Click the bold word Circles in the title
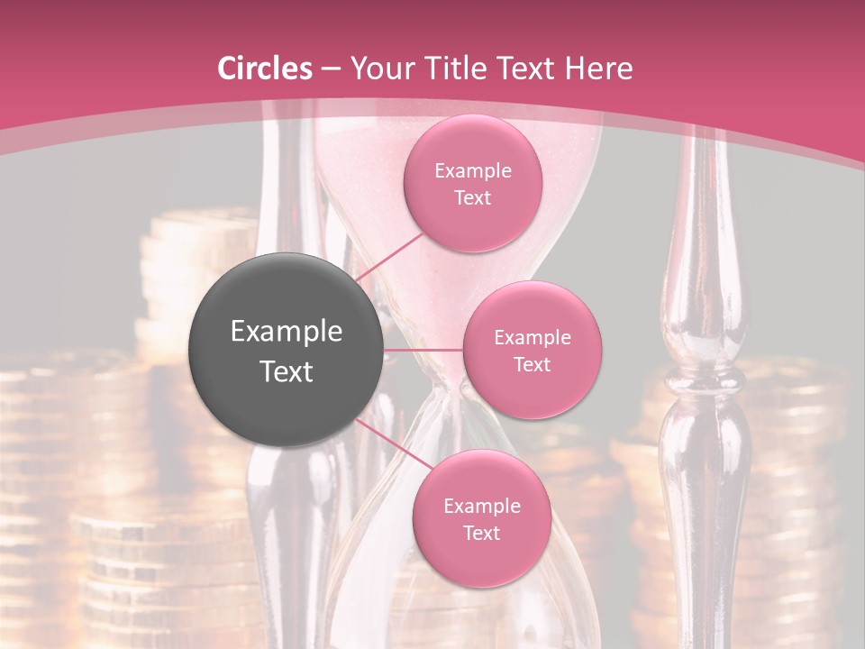click(265, 69)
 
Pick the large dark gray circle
click(287, 350)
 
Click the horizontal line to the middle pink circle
click(423, 350)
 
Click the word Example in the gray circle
click(287, 332)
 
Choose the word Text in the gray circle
click(287, 371)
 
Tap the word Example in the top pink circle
click(473, 171)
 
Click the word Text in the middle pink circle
click(533, 364)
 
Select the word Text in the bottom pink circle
click(481, 533)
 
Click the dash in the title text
click(331, 69)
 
